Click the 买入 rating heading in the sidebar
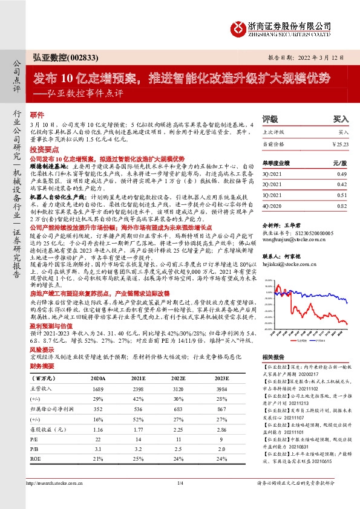341,120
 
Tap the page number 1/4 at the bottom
180,500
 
